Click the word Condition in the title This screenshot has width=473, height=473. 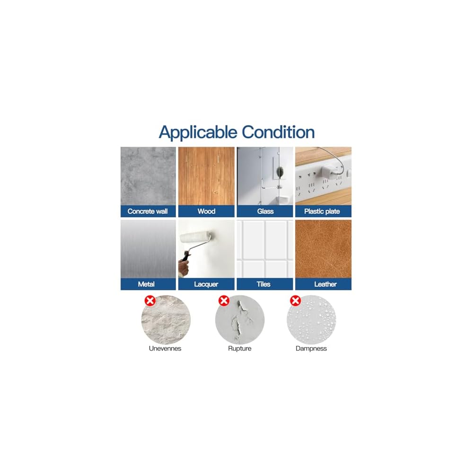tap(278, 132)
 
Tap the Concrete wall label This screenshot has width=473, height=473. tap(148, 211)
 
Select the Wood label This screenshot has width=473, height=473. tap(206, 211)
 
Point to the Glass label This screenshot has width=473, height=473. tap(265, 211)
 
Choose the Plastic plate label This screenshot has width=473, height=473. tap(322, 211)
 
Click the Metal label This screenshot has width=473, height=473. tap(146, 284)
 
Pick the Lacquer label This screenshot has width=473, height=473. tap(206, 284)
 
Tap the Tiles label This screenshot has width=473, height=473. tap(263, 284)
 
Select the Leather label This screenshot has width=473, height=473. tap(325, 284)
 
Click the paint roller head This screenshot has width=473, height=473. tap(196, 237)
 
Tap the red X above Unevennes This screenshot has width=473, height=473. tap(150, 301)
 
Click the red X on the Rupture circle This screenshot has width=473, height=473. tap(224, 301)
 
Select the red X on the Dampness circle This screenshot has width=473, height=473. tap(296, 301)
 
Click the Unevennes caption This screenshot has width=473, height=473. tap(165, 349)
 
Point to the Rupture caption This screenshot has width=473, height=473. tap(239, 349)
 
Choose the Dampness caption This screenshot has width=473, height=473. tap(311, 349)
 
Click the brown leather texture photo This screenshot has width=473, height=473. tap(324, 249)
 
